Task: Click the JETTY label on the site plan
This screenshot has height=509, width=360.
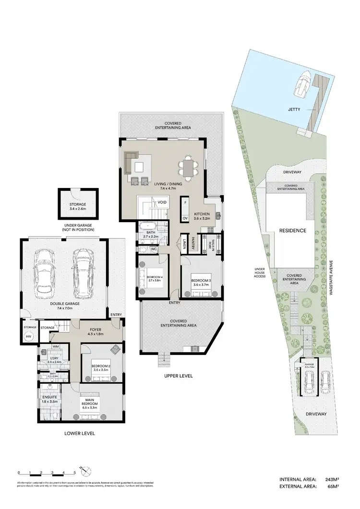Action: coord(295,109)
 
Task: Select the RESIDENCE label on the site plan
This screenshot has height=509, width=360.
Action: coord(293,230)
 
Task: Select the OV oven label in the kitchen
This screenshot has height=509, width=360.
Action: coord(185,218)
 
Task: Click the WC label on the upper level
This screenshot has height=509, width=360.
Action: coord(154,249)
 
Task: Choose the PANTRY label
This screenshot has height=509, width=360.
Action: coord(193,243)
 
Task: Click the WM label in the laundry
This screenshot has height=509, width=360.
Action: coord(56,346)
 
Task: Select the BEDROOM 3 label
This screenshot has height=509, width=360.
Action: coord(201,280)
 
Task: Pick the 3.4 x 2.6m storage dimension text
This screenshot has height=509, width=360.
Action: coord(77,209)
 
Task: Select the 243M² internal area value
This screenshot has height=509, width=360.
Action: coord(332,479)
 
